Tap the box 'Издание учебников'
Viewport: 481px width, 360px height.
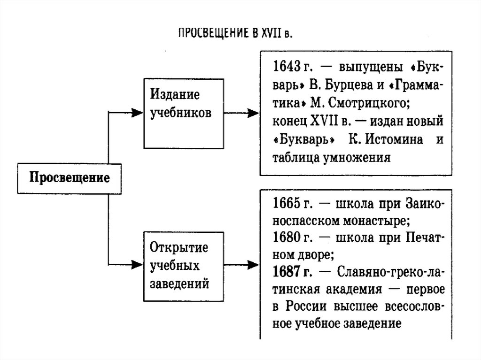click(183, 113)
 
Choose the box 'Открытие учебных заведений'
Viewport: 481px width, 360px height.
click(183, 266)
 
